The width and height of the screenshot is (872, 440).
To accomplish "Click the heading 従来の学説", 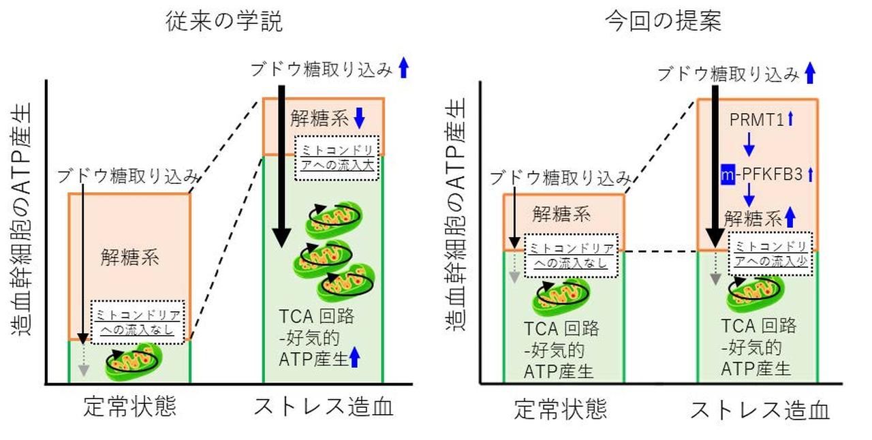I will click(224, 22).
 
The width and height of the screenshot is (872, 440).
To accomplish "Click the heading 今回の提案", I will click(664, 22).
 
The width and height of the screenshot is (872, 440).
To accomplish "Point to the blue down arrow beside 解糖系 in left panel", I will click(360, 120).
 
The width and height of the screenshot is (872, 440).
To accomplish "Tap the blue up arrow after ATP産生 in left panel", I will click(354, 356).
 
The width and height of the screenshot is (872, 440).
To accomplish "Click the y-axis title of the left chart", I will click(22, 225).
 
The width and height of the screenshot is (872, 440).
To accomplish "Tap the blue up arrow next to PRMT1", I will click(790, 120).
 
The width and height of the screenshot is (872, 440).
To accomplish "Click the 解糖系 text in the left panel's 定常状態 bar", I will click(129, 257).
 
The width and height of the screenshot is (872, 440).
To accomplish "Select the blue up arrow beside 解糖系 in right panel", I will click(790, 218).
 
